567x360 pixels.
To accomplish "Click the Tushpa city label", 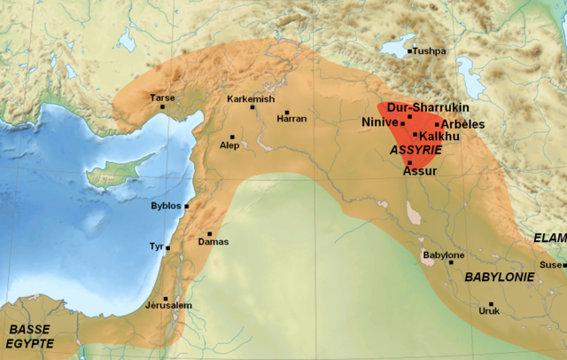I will tap(430, 51).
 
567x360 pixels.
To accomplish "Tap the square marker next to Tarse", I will tap(163, 107).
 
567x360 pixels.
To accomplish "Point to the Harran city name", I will tap(291, 119).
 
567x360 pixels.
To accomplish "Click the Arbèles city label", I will tap(463, 124).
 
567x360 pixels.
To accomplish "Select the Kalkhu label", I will tap(436, 137).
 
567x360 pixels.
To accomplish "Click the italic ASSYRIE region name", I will tap(409, 152).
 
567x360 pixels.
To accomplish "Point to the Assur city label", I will tap(420, 171).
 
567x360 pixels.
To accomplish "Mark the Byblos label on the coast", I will tap(166, 206).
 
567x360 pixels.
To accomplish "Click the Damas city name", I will tap(214, 241).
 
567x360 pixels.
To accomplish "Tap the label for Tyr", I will tap(157, 247).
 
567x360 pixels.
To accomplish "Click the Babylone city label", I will tap(443, 255).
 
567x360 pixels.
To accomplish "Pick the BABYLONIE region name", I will tap(500, 277).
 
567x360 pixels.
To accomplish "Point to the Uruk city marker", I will tap(490, 304).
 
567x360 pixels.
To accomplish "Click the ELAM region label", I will tap(549, 238).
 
